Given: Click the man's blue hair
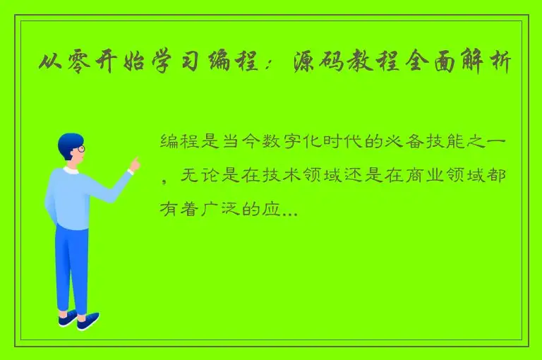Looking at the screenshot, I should [68, 142].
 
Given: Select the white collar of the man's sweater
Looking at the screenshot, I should [71, 170].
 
